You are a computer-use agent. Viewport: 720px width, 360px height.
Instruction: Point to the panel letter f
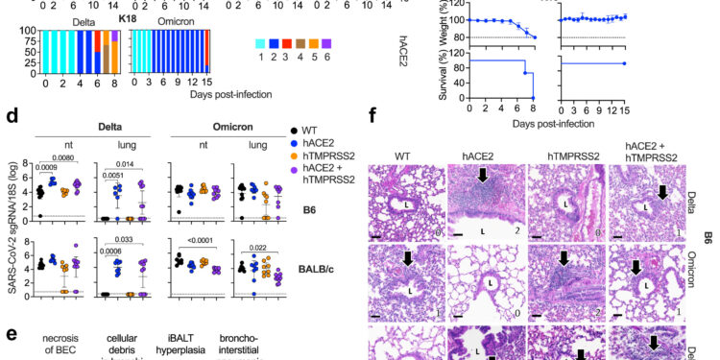376,115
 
